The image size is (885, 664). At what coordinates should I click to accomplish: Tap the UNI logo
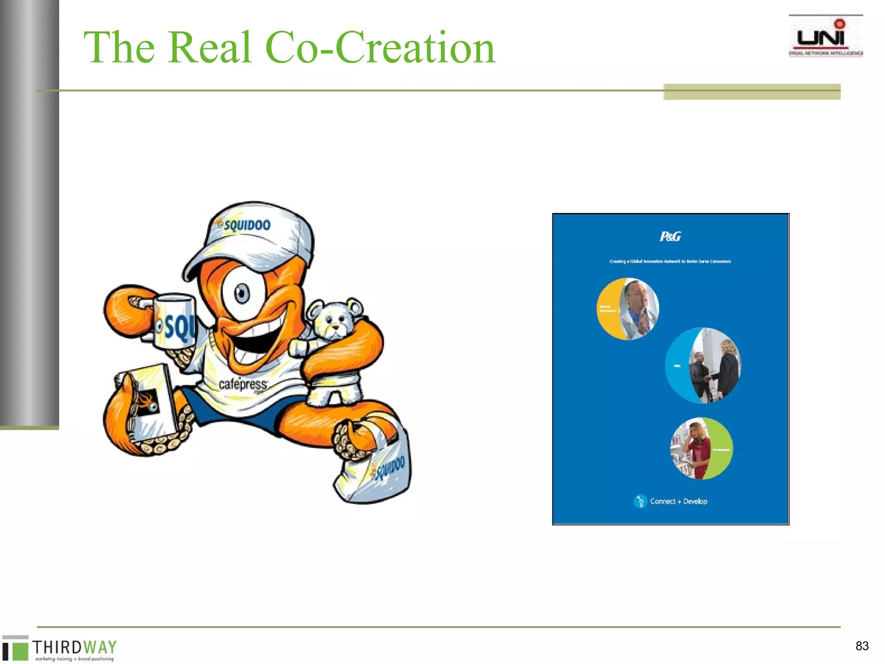click(x=825, y=37)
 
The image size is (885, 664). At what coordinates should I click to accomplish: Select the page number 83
click(x=862, y=646)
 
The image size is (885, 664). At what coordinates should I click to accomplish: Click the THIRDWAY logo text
click(x=74, y=647)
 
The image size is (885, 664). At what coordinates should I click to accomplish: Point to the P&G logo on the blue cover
click(x=670, y=236)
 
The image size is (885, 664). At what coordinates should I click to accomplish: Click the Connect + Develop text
click(x=678, y=501)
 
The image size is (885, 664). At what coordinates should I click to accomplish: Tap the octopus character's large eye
click(x=242, y=293)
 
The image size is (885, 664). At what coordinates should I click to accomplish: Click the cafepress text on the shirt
click(x=243, y=384)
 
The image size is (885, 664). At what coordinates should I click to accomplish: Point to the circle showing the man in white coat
click(x=628, y=309)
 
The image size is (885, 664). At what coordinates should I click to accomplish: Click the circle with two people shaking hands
click(x=703, y=366)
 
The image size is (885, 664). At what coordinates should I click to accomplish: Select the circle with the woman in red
click(x=701, y=448)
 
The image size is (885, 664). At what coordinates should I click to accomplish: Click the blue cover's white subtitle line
click(x=670, y=261)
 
